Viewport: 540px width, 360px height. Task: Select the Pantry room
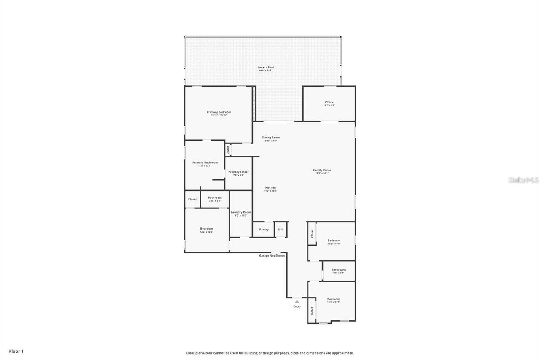(264, 230)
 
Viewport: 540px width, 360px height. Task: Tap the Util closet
(281, 230)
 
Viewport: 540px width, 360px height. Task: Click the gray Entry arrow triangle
(297, 301)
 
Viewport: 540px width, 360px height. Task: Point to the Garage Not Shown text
(272, 255)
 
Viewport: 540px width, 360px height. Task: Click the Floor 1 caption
(16, 351)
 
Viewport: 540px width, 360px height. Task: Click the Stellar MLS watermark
(524, 180)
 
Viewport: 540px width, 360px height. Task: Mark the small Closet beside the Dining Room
(228, 150)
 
